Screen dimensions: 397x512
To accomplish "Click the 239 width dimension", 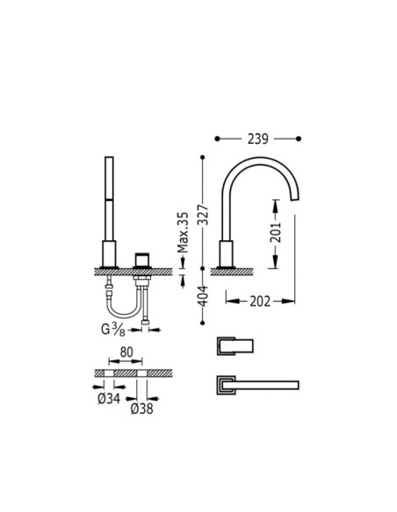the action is pyautogui.click(x=257, y=139).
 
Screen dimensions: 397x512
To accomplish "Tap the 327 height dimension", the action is pyautogui.click(x=205, y=215).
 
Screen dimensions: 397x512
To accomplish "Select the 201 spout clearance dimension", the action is pyautogui.click(x=276, y=232).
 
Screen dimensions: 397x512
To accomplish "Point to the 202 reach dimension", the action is pyautogui.click(x=260, y=302).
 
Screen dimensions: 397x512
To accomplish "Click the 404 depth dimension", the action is pyautogui.click(x=204, y=295).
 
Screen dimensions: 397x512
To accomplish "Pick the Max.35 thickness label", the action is pyautogui.click(x=183, y=233).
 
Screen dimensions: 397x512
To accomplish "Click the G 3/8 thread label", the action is pyautogui.click(x=112, y=329).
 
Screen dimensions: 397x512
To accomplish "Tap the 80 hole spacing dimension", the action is pyautogui.click(x=126, y=352).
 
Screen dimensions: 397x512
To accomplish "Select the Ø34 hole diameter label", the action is pyautogui.click(x=109, y=398).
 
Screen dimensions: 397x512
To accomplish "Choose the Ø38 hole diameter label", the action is pyautogui.click(x=142, y=409).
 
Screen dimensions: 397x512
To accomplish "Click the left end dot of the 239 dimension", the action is pyautogui.click(x=217, y=139).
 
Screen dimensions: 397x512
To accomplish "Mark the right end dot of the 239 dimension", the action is pyautogui.click(x=299, y=139).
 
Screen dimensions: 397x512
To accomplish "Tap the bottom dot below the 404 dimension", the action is pyautogui.click(x=202, y=323).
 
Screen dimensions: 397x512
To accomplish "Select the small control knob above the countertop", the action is pyautogui.click(x=141, y=260).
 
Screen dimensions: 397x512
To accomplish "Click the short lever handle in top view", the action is pyautogui.click(x=235, y=346).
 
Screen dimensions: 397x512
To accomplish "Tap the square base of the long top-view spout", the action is pyautogui.click(x=226, y=385).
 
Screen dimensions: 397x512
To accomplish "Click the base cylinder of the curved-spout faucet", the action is pyautogui.click(x=226, y=254).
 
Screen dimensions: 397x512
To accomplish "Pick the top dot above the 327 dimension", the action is pyautogui.click(x=202, y=158).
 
